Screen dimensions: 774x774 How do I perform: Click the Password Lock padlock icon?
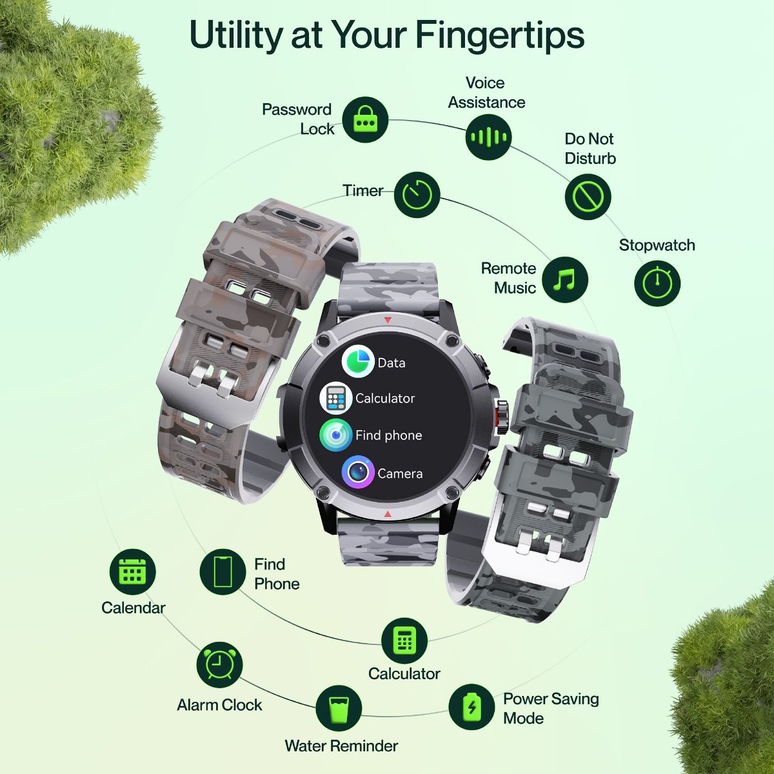[365, 120]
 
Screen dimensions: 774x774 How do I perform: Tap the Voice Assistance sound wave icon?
[488, 137]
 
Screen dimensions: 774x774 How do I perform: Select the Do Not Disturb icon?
[588, 197]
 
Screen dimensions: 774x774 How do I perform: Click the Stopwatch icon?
[657, 283]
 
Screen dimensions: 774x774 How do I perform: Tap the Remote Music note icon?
[565, 280]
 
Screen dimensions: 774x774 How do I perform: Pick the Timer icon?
[417, 194]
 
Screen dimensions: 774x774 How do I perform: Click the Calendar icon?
[133, 571]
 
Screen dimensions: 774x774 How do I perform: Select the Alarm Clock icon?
[219, 664]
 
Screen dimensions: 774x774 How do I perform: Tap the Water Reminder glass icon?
[339, 709]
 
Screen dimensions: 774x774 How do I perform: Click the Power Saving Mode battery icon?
[471, 707]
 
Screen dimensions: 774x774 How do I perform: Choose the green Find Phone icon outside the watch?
[223, 571]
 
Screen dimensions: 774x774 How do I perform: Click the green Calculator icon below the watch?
[404, 640]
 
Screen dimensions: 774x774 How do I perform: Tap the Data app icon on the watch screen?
[358, 361]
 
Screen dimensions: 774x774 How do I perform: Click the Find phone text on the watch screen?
[388, 435]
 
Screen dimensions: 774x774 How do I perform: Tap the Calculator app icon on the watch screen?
[335, 398]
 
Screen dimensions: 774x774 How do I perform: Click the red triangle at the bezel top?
[388, 320]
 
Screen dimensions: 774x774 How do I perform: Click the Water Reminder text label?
[341, 746]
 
